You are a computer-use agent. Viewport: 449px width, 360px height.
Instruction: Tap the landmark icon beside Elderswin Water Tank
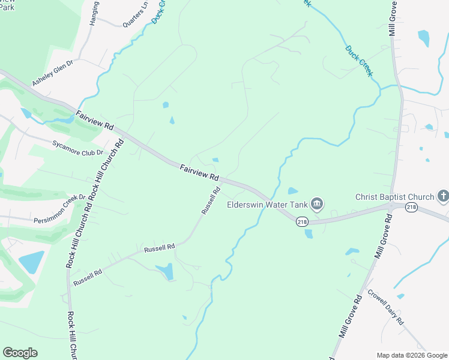(x=318, y=205)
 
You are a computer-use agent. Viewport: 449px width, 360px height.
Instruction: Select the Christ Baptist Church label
(x=394, y=197)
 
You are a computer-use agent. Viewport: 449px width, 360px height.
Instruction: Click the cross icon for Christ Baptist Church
(x=443, y=196)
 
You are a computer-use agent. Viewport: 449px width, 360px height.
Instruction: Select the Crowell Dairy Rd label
(x=385, y=308)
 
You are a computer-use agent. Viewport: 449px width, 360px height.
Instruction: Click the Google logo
(x=20, y=353)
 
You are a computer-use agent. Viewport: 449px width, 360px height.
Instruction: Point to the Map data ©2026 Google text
(x=412, y=355)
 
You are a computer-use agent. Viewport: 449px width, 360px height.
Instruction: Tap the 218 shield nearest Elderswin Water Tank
(x=302, y=221)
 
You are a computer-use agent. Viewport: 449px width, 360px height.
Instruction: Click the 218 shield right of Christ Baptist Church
(x=411, y=207)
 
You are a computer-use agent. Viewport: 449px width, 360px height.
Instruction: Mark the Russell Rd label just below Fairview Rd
(x=211, y=201)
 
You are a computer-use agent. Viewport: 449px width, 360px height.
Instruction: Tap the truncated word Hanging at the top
(x=94, y=13)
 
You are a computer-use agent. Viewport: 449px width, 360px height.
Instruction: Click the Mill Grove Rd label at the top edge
(x=392, y=18)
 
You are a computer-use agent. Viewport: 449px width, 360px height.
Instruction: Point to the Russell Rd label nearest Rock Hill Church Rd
(x=88, y=277)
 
